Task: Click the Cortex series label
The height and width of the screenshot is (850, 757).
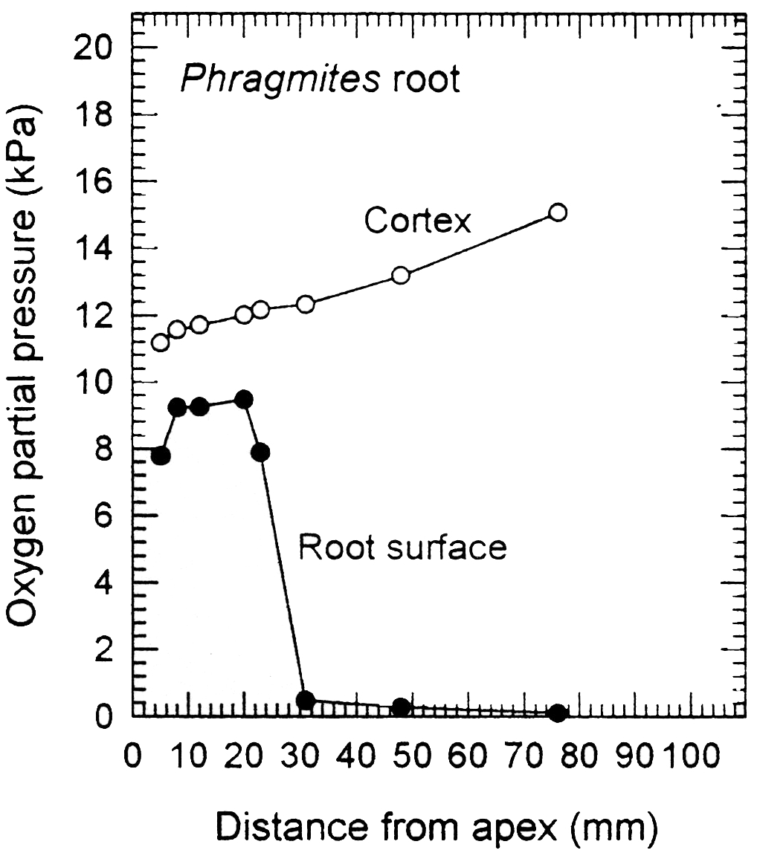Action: [417, 221]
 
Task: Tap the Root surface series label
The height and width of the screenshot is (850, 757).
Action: [402, 548]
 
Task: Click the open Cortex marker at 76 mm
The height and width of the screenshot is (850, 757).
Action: [558, 212]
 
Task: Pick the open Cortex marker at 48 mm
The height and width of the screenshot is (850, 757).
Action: [401, 275]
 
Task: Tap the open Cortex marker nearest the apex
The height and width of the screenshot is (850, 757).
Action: [160, 343]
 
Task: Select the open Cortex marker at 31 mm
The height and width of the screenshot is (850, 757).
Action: [306, 304]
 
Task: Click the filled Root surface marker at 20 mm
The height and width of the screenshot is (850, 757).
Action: [243, 399]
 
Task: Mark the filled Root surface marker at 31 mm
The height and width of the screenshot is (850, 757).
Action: [305, 699]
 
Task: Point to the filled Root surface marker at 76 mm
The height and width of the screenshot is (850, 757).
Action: [558, 713]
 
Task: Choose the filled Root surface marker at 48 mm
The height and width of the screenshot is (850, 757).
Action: [401, 707]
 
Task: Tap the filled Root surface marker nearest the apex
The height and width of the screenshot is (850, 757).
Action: [160, 455]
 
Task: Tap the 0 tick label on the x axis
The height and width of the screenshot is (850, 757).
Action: [133, 759]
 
